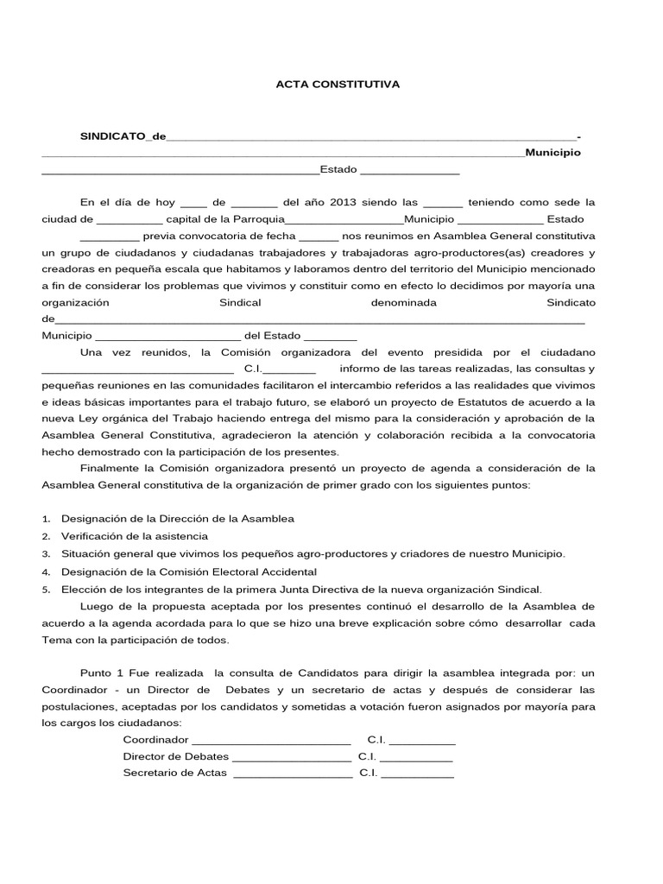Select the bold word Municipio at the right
552,152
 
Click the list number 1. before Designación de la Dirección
46,519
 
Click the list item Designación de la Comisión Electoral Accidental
189,571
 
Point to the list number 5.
46,590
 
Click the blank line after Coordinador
271,741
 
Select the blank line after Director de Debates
292,757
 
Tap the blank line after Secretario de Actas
293,773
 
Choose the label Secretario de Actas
175,773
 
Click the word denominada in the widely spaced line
403,303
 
